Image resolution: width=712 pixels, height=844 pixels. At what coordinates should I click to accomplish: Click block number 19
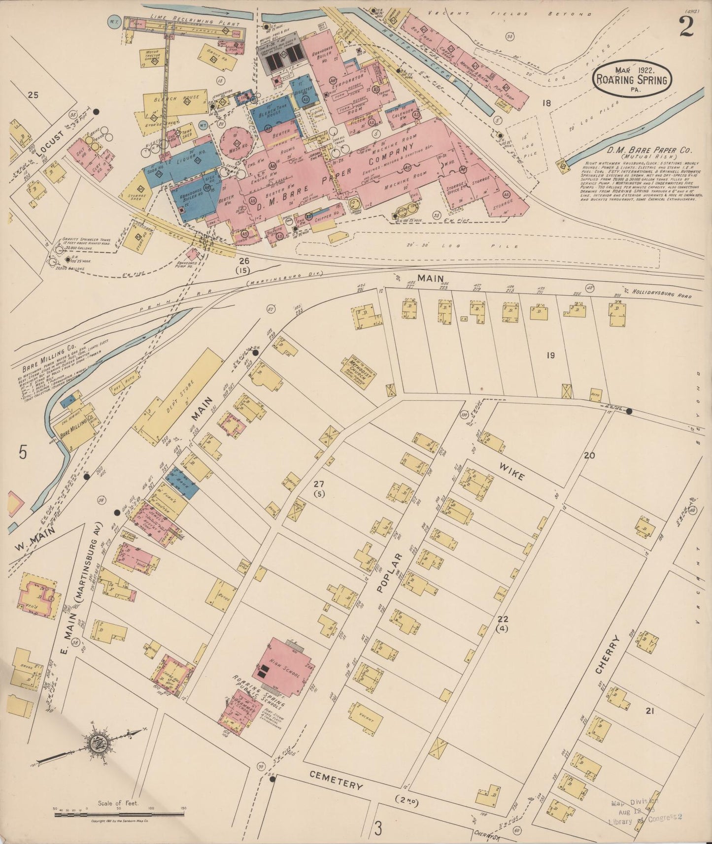tap(550, 355)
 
